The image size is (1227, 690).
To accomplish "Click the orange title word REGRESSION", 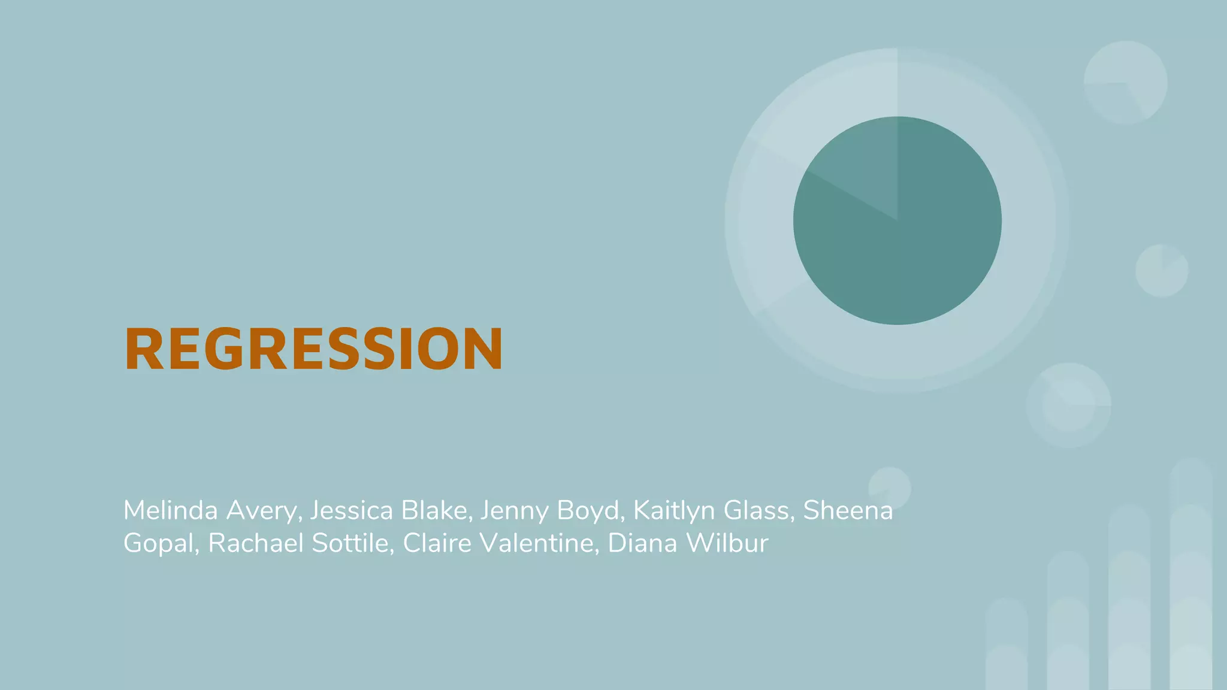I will click(x=313, y=349).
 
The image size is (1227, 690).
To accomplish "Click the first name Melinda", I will click(x=170, y=510).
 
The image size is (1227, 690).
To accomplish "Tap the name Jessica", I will click(x=351, y=510).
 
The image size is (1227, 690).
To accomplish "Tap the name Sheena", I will click(x=848, y=510).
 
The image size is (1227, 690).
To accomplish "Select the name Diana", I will click(x=642, y=543).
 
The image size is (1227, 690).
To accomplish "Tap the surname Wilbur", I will click(x=727, y=543).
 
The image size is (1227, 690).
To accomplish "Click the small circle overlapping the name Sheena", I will click(x=890, y=485).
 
